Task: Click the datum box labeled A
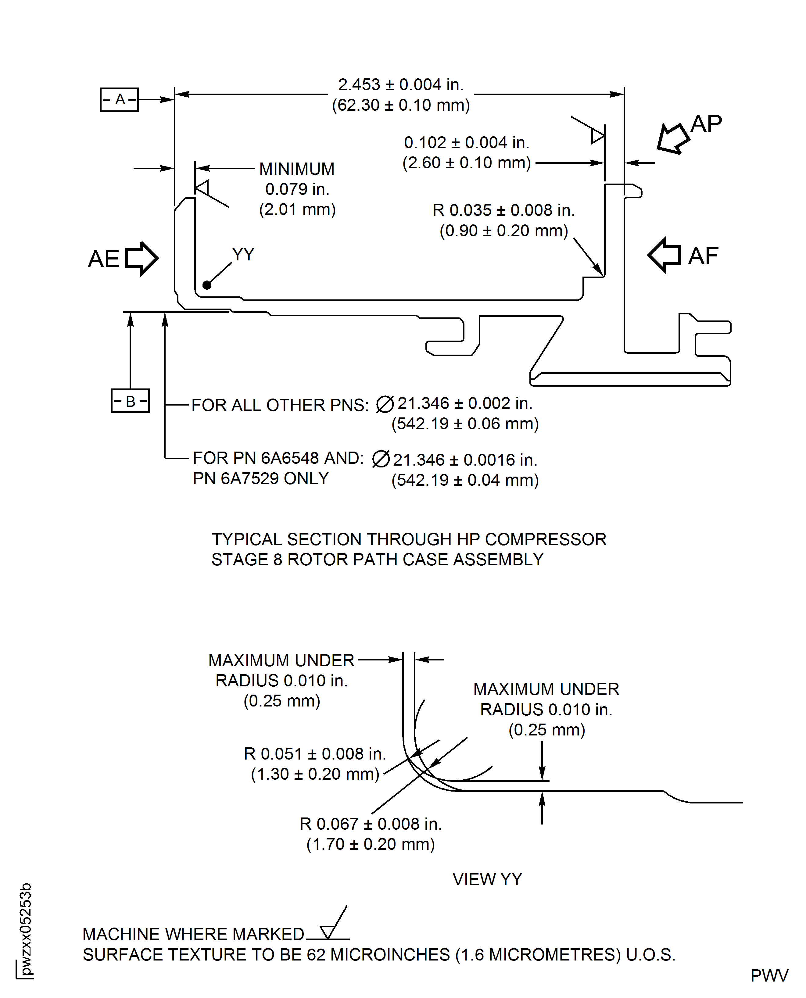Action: pyautogui.click(x=119, y=99)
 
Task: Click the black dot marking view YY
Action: pyautogui.click(x=207, y=285)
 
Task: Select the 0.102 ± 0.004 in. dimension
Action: pyautogui.click(x=467, y=142)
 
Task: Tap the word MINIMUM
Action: pyautogui.click(x=297, y=169)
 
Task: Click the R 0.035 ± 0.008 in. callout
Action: pyautogui.click(x=504, y=210)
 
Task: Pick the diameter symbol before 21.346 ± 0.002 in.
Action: pyautogui.click(x=385, y=404)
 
